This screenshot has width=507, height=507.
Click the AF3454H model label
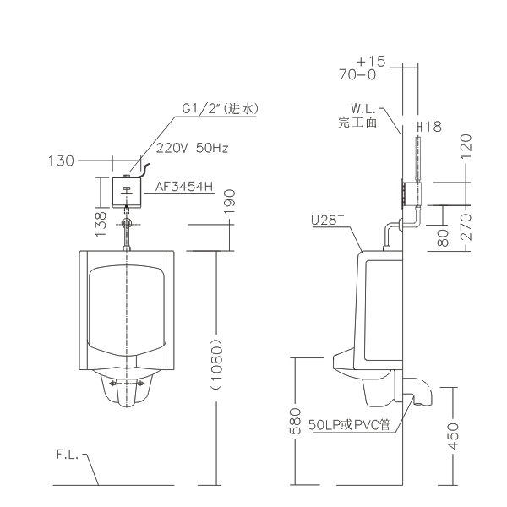coord(184,186)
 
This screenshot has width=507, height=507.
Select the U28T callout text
coord(328,221)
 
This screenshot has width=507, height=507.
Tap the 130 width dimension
coord(61,161)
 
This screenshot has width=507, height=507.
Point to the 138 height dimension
coord(101,224)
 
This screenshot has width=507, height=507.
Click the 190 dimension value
coord(230,202)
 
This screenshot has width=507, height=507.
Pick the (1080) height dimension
coord(216,364)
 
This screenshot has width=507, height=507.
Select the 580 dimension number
coord(295,421)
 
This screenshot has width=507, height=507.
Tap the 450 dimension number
coord(453,436)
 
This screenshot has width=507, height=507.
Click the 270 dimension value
coord(466,226)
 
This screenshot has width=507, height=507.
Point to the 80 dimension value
coord(443,237)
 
